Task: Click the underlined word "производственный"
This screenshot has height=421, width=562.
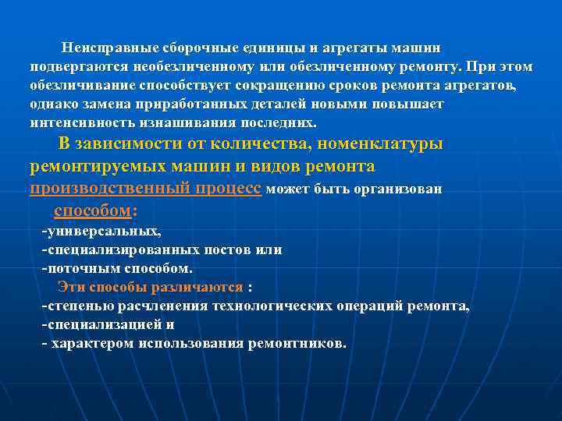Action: tap(97, 189)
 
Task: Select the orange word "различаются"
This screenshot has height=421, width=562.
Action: tap(202, 287)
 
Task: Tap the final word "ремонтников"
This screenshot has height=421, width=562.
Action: tap(294, 343)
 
